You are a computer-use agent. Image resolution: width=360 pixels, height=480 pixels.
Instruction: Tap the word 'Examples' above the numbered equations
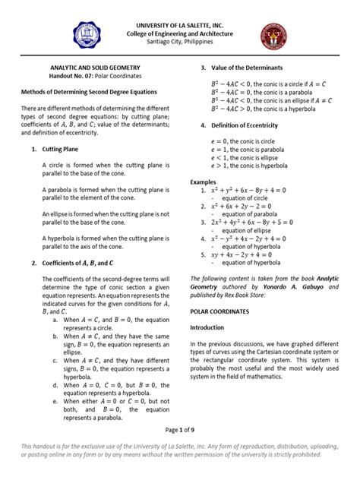click(203, 182)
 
